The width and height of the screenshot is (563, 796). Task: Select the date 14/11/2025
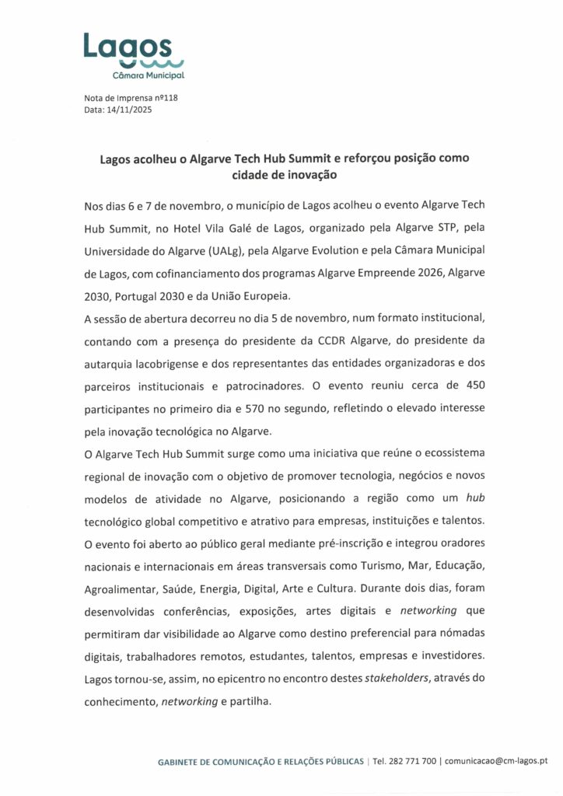click(129, 110)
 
